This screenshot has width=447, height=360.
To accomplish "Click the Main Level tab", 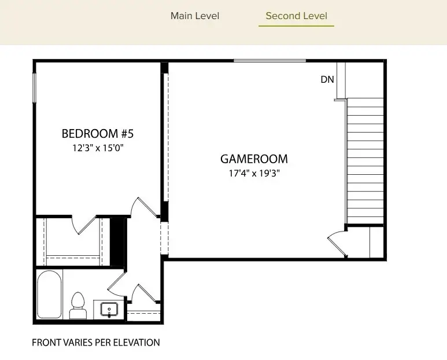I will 195,16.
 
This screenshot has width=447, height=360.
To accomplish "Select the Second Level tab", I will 296,16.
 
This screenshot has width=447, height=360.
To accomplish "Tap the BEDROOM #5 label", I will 97,134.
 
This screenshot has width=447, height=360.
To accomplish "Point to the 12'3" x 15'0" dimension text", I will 97,148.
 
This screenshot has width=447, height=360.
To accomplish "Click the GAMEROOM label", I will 254,159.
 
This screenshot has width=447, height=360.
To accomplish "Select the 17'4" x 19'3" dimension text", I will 254,172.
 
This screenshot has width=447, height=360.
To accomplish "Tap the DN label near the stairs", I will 327,80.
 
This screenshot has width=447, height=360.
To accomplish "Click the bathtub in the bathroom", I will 49,295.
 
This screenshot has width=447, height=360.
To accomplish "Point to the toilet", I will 77,306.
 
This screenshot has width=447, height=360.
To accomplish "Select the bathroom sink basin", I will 109,309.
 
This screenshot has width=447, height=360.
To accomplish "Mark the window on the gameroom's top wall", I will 269,60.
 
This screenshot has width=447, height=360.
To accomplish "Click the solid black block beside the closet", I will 117,242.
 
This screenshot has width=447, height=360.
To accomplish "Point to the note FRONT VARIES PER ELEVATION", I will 95,343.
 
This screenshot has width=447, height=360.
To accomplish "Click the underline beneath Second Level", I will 296,26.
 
